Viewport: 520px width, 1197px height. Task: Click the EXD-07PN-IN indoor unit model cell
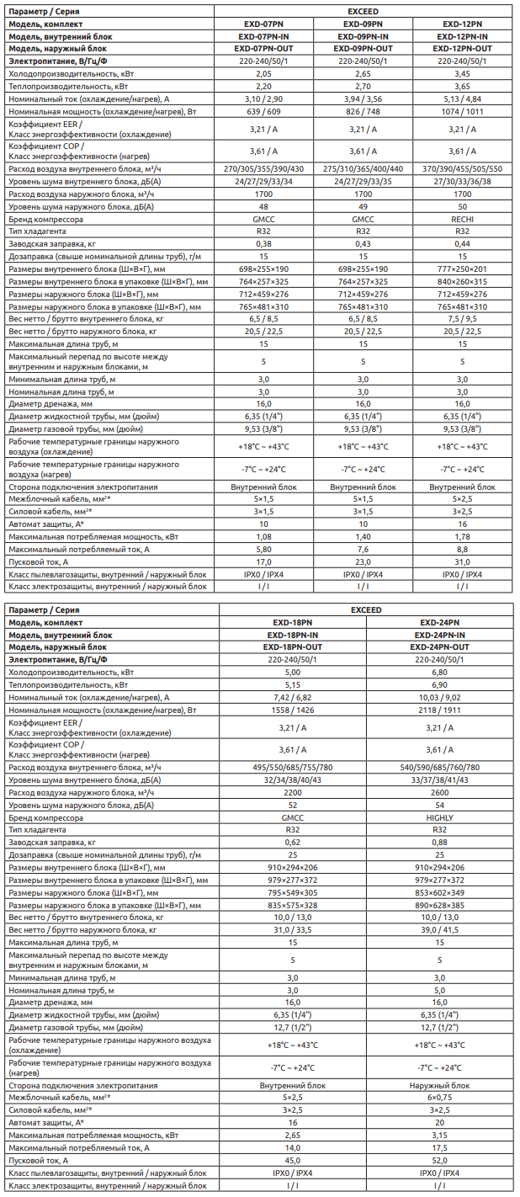[263, 37]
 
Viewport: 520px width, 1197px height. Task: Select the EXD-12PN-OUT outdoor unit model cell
[462, 49]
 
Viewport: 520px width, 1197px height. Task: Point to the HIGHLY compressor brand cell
[439, 817]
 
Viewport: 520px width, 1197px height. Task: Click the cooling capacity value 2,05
[263, 74]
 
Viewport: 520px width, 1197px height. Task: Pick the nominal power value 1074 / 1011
[462, 111]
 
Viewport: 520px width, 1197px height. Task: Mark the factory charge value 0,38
[263, 242]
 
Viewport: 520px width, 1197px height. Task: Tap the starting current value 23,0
[363, 561]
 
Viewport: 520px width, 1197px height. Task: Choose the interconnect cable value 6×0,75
[439, 1098]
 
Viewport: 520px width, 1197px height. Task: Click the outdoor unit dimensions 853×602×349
[439, 891]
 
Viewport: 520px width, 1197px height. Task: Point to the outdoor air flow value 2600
[439, 793]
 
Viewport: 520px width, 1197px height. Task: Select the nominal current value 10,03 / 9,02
[439, 698]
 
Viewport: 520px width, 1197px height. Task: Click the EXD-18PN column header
[292, 622]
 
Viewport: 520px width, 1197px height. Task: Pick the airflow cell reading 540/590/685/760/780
[439, 767]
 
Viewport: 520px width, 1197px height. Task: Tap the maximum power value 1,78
[462, 536]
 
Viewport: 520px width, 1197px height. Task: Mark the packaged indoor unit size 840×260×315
[462, 280]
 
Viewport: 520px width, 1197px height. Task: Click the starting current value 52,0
[439, 1160]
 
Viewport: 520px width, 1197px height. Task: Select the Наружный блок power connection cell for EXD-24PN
[439, 1086]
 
